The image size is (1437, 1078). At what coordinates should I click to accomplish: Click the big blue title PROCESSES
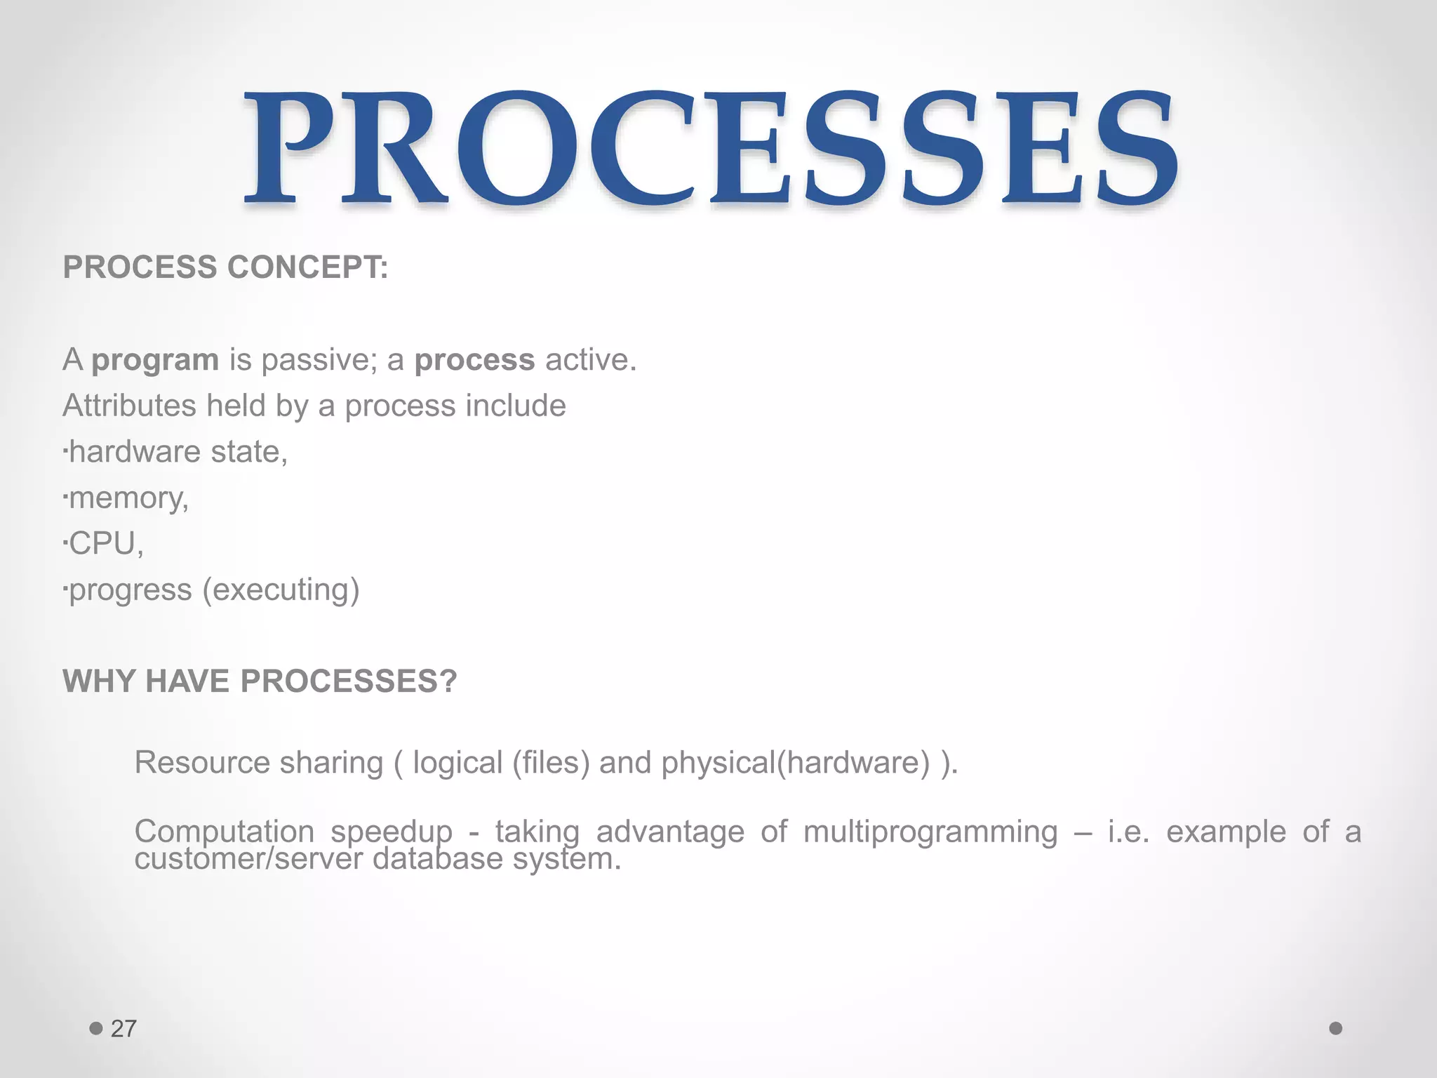[710, 149]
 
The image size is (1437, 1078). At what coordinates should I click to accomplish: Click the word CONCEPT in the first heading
[307, 267]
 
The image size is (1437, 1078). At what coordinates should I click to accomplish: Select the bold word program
[155, 360]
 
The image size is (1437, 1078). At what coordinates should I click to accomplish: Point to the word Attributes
[129, 406]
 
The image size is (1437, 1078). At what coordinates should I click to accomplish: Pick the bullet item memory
[128, 498]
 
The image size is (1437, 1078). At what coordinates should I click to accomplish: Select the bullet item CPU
[105, 544]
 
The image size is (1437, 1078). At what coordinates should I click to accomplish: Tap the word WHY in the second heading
[98, 681]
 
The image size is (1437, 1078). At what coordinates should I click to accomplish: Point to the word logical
[457, 763]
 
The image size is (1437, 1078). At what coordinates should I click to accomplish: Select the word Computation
[224, 832]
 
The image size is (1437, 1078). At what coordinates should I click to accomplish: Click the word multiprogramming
[930, 832]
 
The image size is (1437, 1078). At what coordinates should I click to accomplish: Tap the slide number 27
[123, 1029]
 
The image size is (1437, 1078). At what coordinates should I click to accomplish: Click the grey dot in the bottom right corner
[1335, 1028]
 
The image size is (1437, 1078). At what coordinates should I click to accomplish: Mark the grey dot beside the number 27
[96, 1029]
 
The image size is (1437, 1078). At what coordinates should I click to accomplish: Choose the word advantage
[669, 832]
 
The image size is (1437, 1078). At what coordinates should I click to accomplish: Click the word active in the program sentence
[590, 360]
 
